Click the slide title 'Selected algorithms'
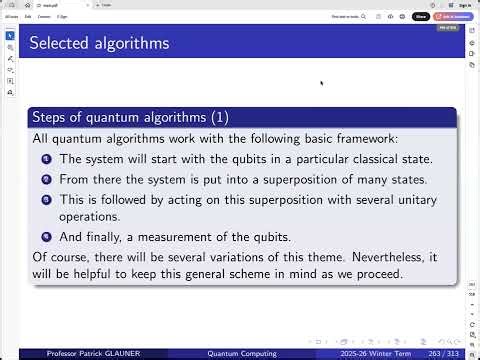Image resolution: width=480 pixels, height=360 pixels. [x=98, y=43]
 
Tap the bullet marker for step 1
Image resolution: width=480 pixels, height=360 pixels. [x=46, y=159]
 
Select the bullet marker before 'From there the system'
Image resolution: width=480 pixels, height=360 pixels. [x=46, y=179]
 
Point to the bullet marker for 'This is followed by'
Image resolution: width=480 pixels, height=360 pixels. [x=46, y=200]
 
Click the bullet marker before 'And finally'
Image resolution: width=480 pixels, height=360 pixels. [x=46, y=237]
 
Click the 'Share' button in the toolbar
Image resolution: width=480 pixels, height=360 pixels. [x=421, y=16]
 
